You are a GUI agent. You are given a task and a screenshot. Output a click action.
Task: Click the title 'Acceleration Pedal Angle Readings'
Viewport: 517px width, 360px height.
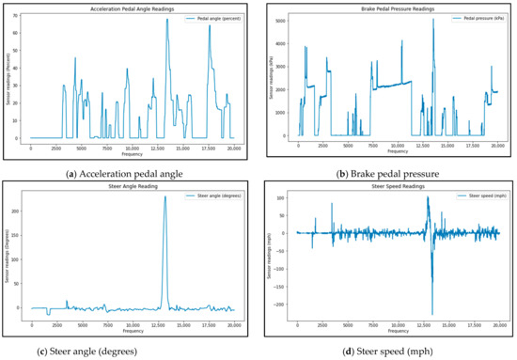click(133, 8)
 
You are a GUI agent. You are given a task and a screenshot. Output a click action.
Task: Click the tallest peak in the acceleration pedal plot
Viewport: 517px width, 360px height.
click(167, 19)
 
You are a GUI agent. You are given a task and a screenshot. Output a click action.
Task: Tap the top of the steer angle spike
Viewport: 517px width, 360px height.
click(165, 196)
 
